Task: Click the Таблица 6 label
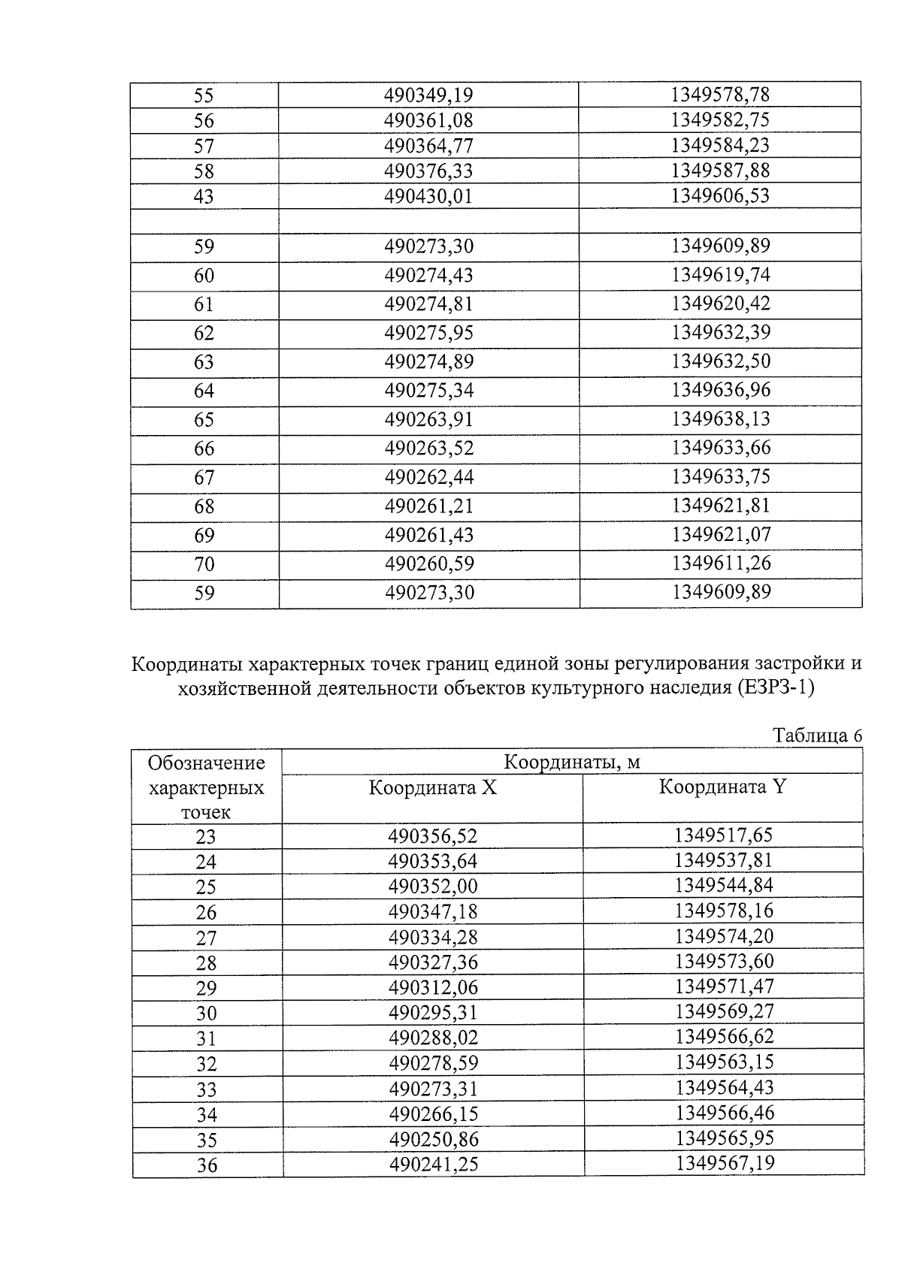[817, 736]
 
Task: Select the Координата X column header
[432, 788]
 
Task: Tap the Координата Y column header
[722, 787]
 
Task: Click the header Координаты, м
[571, 762]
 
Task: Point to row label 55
[204, 95]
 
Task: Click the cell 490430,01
[428, 196]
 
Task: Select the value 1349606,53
[720, 195]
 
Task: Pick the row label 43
[204, 197]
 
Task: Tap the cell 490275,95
[428, 333]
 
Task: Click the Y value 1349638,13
[720, 418]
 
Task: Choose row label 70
[204, 564]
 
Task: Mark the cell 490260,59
[428, 564]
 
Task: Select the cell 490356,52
[432, 835]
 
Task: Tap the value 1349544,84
[724, 885]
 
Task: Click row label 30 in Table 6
[206, 1014]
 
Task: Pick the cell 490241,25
[433, 1165]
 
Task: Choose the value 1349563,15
[724, 1062]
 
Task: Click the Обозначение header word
[207, 763]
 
